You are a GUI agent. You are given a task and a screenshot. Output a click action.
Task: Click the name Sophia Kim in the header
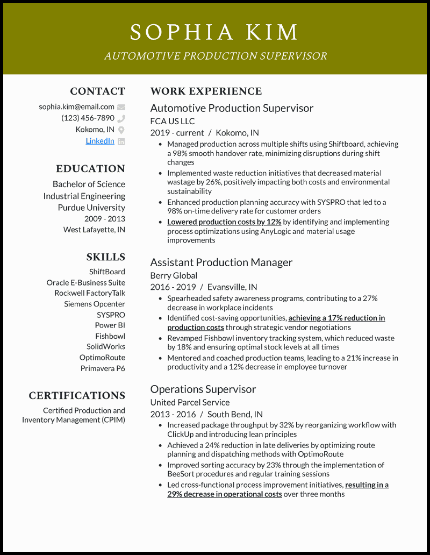click(214, 32)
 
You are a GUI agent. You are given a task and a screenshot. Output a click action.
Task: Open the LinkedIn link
click(100, 140)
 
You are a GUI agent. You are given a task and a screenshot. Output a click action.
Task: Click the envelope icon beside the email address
click(121, 107)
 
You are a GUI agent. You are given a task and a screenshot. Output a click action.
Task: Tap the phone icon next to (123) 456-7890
click(121, 118)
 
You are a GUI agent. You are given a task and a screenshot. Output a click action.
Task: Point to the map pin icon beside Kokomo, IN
click(121, 130)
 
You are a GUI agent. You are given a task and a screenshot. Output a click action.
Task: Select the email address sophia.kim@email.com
click(76, 106)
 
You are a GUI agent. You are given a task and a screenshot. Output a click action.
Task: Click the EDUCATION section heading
click(90, 169)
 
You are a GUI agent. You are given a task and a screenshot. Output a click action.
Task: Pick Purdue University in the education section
click(91, 208)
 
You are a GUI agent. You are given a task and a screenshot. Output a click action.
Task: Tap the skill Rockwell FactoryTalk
click(90, 293)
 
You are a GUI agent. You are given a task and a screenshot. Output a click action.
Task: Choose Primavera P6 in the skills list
click(103, 368)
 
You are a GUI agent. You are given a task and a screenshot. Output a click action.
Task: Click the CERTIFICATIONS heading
click(77, 396)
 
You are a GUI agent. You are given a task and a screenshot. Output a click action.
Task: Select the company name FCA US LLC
click(172, 121)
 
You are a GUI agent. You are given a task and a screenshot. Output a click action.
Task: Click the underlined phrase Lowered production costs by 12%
click(224, 222)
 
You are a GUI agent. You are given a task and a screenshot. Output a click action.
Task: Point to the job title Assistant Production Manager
click(221, 262)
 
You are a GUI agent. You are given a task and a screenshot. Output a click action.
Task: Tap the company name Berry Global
click(174, 275)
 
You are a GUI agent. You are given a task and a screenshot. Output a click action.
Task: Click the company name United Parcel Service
click(190, 402)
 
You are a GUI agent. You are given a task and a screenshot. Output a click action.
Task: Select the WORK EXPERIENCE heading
click(206, 91)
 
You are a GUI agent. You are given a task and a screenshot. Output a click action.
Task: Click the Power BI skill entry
click(110, 325)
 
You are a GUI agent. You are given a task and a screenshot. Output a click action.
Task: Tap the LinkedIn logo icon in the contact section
click(121, 141)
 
